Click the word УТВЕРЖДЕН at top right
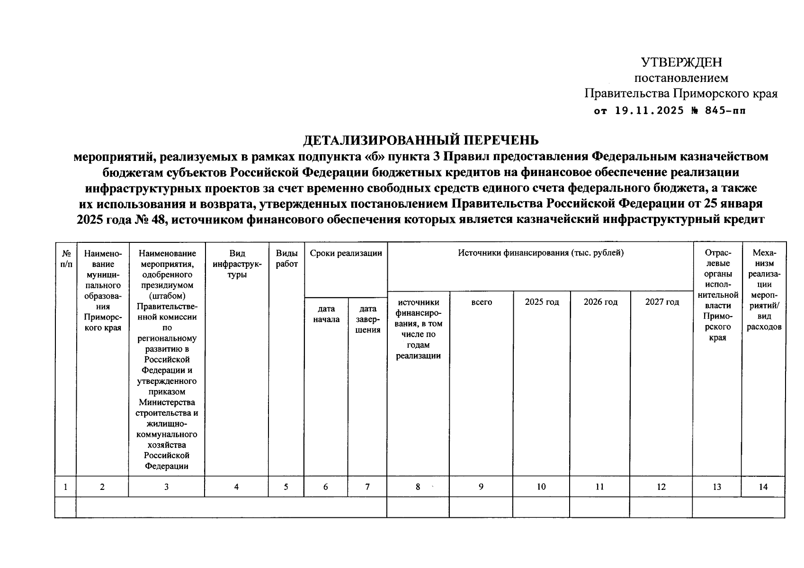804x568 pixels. (x=681, y=62)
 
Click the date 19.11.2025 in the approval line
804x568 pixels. (x=649, y=111)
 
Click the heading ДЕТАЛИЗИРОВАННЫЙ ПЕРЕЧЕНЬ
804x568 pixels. (x=420, y=141)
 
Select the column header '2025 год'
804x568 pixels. (x=542, y=302)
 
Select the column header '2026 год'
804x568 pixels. (x=600, y=302)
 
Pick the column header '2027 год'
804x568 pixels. (x=662, y=302)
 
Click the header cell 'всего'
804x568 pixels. (x=482, y=302)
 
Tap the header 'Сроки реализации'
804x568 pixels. (x=346, y=253)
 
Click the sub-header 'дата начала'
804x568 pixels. (x=326, y=314)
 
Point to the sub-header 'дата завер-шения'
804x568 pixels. (x=367, y=319)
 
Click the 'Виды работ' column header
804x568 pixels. (x=286, y=258)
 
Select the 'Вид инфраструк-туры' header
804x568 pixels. (x=237, y=264)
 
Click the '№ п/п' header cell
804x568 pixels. (x=66, y=258)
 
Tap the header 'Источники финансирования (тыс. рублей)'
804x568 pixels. (x=541, y=253)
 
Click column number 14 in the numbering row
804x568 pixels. (x=763, y=487)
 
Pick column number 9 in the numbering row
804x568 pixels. (x=481, y=487)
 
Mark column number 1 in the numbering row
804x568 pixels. (x=66, y=487)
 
